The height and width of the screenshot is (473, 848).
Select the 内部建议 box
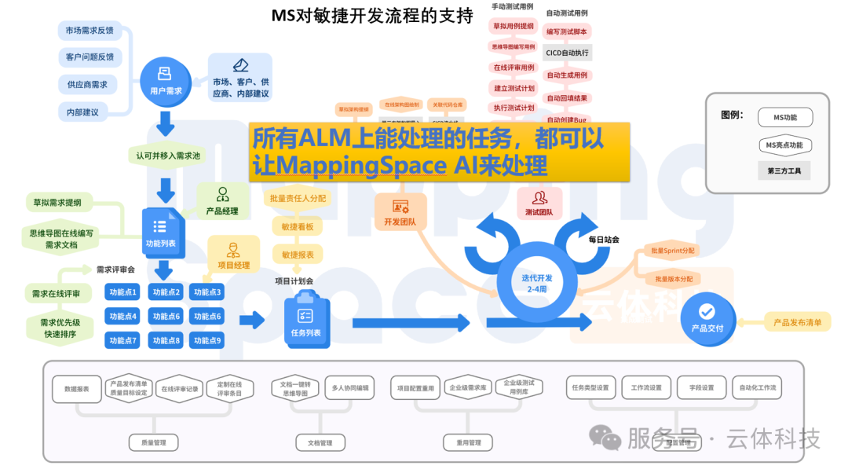tap(83, 112)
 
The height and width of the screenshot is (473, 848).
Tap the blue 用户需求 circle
tap(166, 82)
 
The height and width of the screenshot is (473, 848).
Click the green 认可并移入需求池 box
tap(168, 156)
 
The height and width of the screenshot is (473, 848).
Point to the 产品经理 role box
tap(222, 201)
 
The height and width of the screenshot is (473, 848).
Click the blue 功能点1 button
tap(123, 292)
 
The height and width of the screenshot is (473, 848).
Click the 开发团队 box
tap(400, 213)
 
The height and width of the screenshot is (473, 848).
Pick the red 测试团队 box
tap(539, 203)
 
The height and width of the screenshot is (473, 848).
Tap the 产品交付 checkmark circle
tap(707, 316)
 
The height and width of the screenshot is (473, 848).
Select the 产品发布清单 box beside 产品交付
tap(797, 322)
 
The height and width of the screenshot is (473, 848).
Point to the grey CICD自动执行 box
tap(567, 53)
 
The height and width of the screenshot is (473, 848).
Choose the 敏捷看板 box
tap(298, 227)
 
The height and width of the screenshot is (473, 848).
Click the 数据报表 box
tap(77, 388)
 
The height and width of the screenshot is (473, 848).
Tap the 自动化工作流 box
tap(758, 387)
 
